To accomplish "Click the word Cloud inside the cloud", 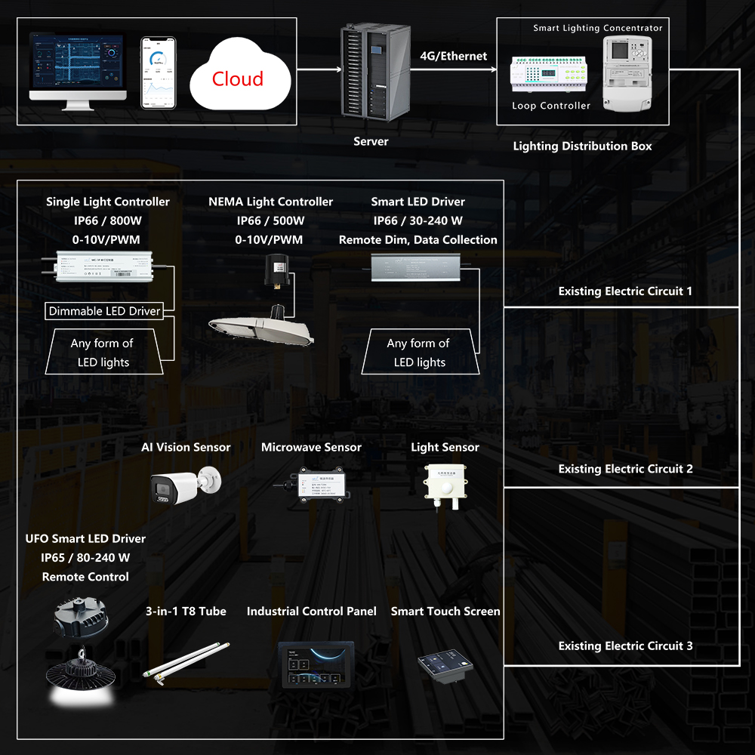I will click(237, 79).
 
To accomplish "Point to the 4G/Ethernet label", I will click(453, 56).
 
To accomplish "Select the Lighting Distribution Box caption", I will click(582, 146).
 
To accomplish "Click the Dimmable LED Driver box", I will click(104, 311).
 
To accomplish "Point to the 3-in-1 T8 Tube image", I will click(185, 661).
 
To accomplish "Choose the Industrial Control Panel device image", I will click(315, 664).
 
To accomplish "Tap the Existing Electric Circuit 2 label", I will click(625, 469).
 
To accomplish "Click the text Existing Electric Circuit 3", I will click(625, 646).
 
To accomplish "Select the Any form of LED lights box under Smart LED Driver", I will click(419, 353).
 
